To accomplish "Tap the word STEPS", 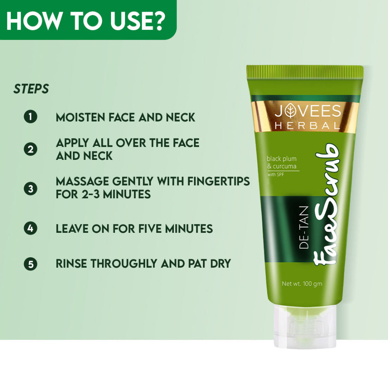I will [x=31, y=89].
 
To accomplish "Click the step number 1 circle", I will [x=30, y=117].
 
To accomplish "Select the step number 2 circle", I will [x=30, y=149].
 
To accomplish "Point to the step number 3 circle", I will [x=30, y=189].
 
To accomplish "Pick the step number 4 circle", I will [x=30, y=228].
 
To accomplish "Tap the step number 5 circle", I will [x=30, y=264].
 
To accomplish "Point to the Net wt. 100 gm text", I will [x=302, y=284].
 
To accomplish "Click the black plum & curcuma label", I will [x=282, y=162].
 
